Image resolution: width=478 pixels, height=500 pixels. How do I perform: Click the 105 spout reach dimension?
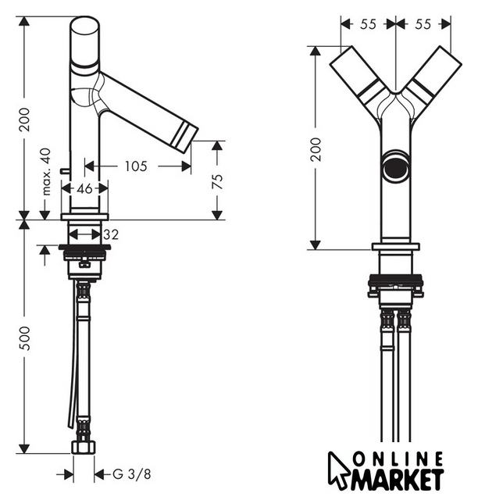(x=136, y=166)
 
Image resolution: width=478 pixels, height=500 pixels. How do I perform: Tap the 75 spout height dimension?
(x=217, y=181)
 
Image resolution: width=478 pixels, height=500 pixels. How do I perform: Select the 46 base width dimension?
(x=85, y=189)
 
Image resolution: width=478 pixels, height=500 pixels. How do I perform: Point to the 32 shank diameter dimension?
(x=111, y=234)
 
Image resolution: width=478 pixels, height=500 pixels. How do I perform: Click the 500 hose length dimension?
(x=24, y=338)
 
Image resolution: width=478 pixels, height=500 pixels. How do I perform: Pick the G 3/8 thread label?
(x=132, y=474)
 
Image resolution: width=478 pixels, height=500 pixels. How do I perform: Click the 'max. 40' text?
(x=46, y=172)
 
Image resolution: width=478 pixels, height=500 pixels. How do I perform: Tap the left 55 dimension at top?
(x=369, y=24)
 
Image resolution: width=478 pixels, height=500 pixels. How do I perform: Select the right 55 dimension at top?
(x=423, y=24)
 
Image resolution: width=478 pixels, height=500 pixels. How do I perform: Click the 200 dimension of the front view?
(x=316, y=149)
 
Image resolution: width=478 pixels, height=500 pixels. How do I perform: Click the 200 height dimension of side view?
(x=24, y=120)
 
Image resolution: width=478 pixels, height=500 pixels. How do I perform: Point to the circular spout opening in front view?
(x=396, y=166)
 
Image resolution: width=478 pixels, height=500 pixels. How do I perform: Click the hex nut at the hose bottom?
(x=84, y=447)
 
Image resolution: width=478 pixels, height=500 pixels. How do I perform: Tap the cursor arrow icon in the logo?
(x=339, y=471)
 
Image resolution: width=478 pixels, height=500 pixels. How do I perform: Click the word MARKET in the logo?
(x=398, y=479)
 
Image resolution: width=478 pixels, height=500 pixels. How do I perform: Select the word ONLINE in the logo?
(x=399, y=459)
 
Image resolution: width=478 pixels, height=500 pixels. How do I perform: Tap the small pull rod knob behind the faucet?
(x=65, y=172)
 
